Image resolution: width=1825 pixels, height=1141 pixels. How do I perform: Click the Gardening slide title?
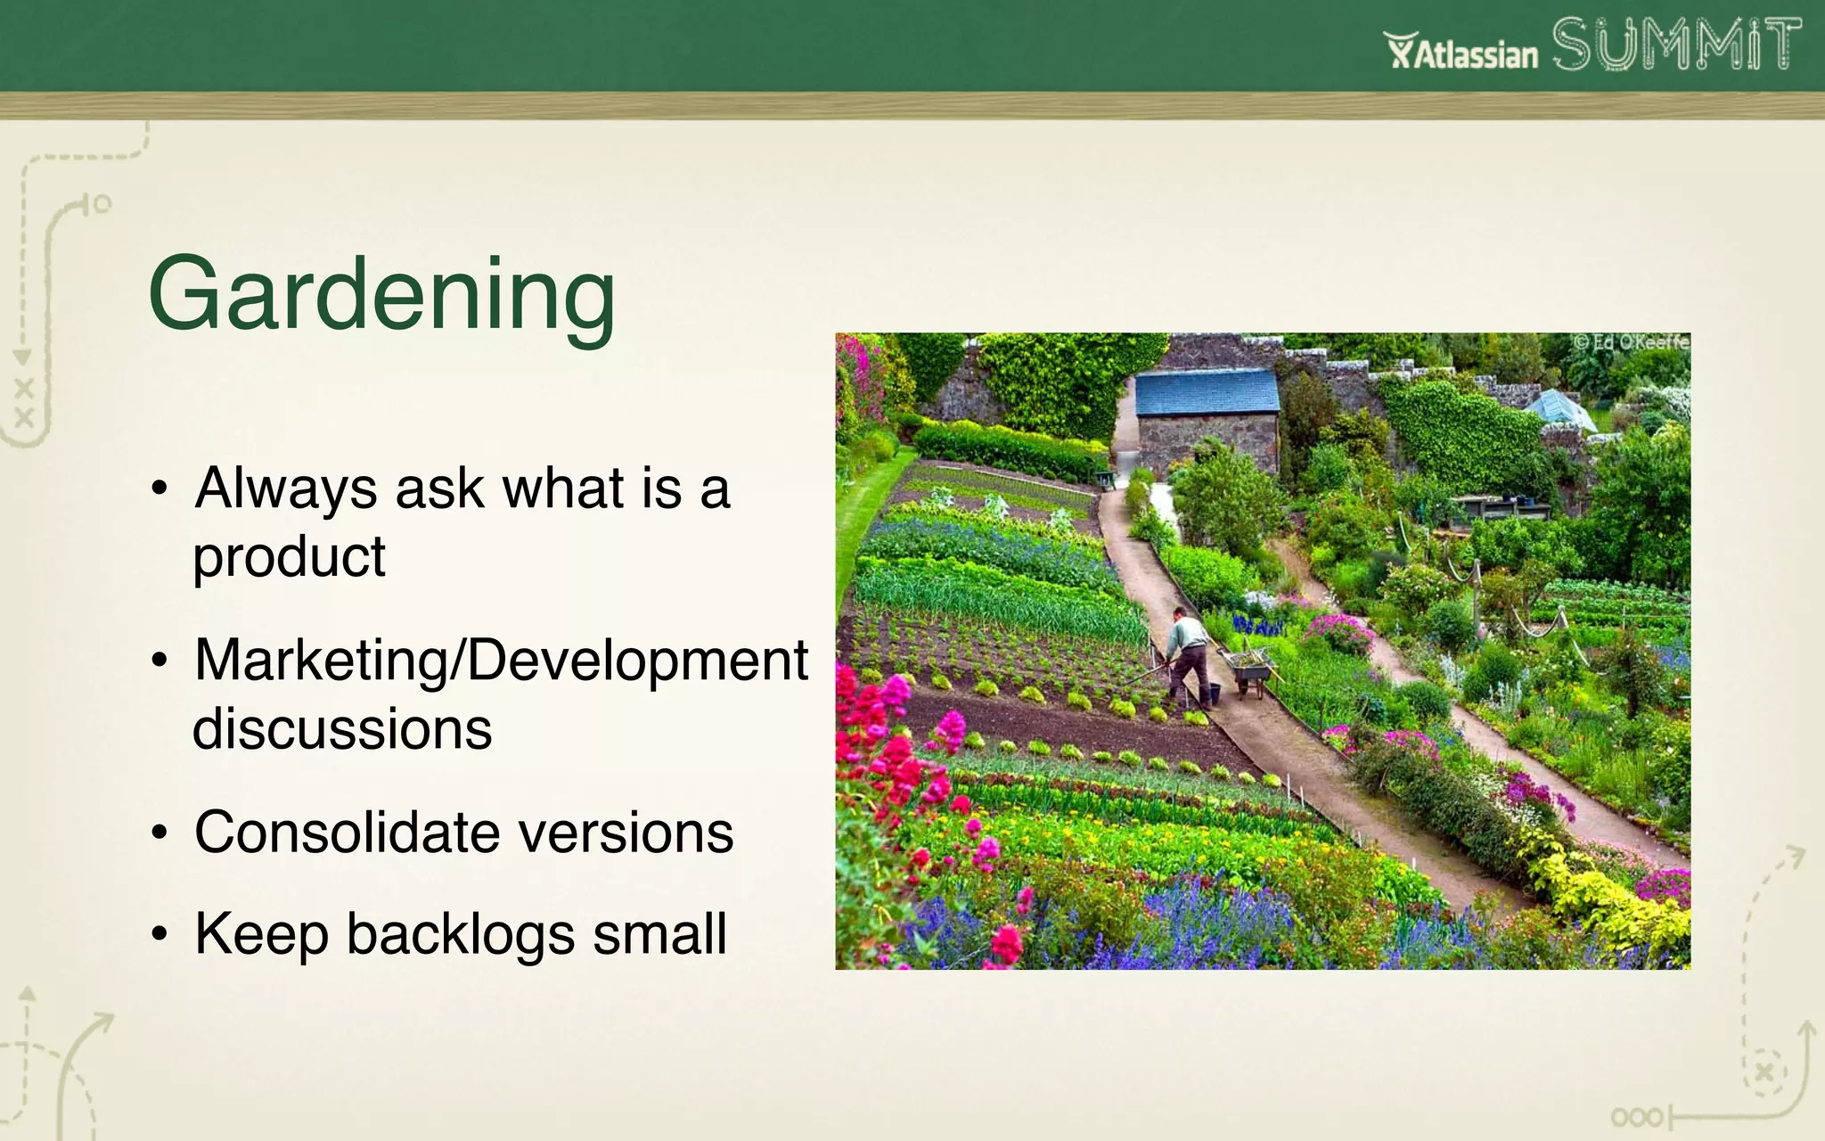(381, 295)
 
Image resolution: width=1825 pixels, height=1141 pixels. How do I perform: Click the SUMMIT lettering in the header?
(1675, 45)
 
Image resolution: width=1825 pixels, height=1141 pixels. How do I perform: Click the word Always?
(285, 489)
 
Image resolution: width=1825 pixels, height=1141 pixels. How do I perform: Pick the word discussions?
(342, 729)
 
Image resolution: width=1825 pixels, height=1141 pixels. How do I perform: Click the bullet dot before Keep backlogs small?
(160, 934)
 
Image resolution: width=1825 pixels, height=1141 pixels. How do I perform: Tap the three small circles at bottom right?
(1636, 1117)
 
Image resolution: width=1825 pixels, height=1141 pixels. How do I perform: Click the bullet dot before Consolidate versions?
(160, 833)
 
